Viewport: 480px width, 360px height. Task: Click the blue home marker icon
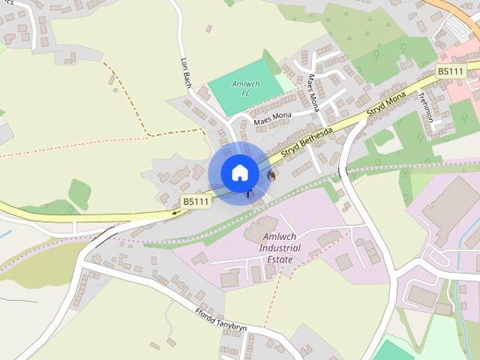click(x=239, y=173)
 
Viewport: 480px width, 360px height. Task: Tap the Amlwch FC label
click(x=245, y=88)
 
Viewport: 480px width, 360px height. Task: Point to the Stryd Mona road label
click(x=386, y=105)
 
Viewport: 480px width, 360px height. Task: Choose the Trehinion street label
click(x=426, y=107)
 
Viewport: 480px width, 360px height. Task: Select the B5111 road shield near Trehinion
click(x=451, y=70)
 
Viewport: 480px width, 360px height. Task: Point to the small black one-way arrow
click(x=177, y=212)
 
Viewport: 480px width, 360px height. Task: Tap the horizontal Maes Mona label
click(x=272, y=117)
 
